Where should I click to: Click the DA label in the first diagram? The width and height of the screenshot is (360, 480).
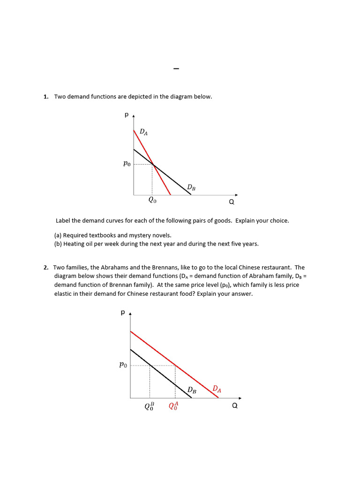coord(144,133)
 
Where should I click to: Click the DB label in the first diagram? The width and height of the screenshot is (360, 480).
coord(191,187)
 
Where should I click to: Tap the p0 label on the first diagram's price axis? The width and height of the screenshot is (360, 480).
coord(127,164)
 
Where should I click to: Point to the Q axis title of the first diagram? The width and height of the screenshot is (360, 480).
coord(231,202)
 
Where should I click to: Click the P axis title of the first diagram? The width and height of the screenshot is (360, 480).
coord(127,114)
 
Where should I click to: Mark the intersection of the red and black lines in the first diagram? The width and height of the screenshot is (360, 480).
coord(153,164)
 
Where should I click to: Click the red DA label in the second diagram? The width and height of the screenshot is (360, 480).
coord(217,389)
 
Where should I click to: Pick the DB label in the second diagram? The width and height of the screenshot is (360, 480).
coord(192,390)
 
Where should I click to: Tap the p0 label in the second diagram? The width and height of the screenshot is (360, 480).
coord(123,365)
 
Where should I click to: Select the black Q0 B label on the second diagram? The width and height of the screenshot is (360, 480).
coord(149,406)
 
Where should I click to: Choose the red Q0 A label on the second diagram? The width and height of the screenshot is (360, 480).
coord(173,406)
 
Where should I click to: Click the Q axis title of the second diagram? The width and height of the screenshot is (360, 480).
coord(235,406)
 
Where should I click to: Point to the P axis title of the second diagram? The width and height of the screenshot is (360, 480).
coord(123,312)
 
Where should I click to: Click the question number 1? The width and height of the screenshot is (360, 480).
coord(45,97)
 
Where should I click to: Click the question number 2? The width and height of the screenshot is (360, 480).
coord(45,268)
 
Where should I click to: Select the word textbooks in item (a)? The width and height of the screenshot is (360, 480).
coord(102,235)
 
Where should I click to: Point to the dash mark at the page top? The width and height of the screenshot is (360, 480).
coord(176,69)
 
